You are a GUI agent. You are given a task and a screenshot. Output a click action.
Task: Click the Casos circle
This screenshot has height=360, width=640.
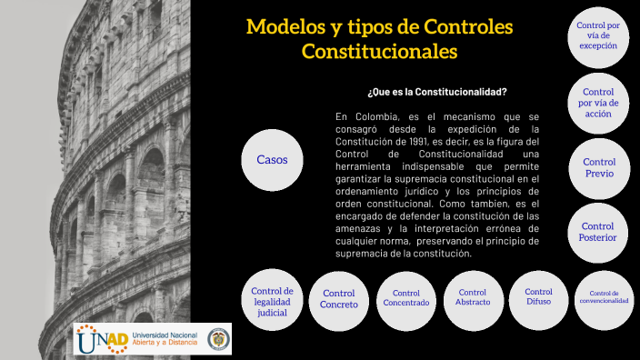tap(272, 160)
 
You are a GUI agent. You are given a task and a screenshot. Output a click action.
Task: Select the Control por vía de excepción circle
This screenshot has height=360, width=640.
tap(597, 35)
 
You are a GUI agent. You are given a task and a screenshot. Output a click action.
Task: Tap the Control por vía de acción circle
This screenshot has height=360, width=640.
tap(597, 103)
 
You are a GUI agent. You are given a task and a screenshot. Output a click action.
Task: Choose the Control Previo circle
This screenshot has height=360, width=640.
tap(598, 167)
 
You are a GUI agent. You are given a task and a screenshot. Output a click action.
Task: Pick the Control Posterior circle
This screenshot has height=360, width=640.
tap(597, 233)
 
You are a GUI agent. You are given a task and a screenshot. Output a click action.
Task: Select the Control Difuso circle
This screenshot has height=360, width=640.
tap(538, 296)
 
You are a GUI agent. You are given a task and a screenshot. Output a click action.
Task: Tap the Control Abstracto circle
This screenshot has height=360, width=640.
tap(473, 297)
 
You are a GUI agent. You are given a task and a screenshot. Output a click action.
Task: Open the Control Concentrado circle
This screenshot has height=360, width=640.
tap(405, 298)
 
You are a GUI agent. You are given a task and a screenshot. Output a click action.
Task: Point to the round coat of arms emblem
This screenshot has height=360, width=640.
tap(217, 340)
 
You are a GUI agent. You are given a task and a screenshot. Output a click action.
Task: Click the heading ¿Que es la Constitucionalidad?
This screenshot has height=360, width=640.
tap(437, 92)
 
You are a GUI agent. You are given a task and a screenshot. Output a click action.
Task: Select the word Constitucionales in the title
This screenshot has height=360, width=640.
tap(379, 52)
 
